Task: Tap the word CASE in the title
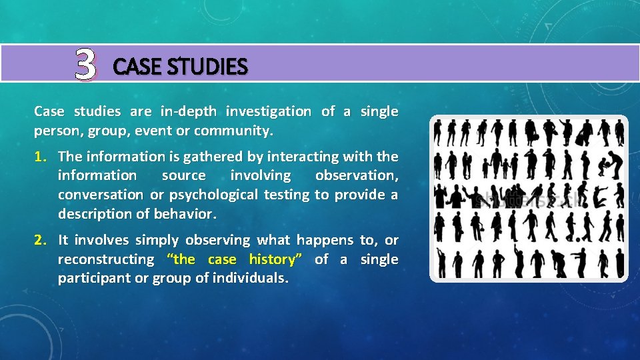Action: pos(137,67)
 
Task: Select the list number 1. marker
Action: pos(41,157)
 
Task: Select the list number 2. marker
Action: pos(41,240)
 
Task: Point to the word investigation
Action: pos(268,111)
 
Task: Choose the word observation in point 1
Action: pos(357,175)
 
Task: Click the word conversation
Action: pos(100,195)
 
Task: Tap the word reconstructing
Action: pos(105,259)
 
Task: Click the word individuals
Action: pos(251,278)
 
